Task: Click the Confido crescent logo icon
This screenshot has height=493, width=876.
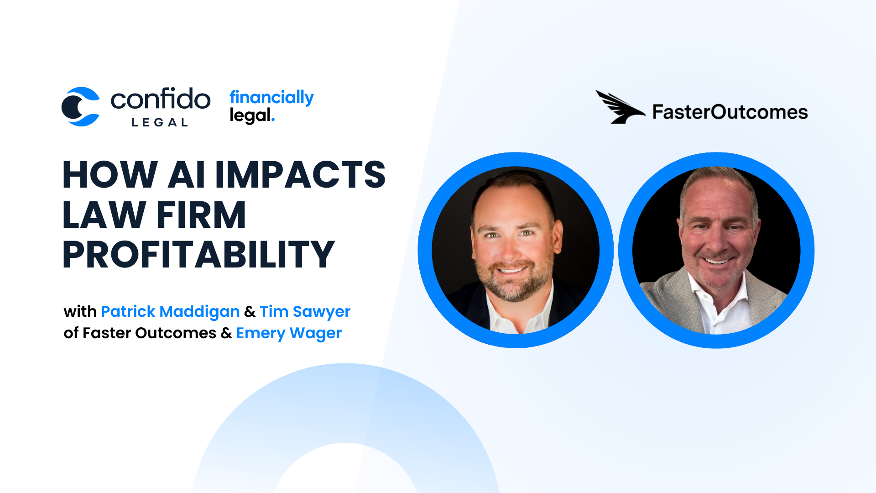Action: tap(81, 107)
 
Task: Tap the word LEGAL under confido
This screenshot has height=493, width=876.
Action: tap(160, 122)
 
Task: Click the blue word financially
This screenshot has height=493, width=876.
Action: tap(271, 98)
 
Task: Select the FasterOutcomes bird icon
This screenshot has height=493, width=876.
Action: tap(620, 107)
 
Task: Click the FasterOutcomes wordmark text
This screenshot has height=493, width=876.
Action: tap(730, 112)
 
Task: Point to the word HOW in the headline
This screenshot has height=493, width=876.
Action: tap(110, 174)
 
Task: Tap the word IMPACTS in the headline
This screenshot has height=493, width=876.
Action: tap(300, 174)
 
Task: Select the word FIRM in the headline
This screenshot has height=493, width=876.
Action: tap(201, 215)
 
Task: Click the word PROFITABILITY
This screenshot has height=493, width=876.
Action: tap(198, 254)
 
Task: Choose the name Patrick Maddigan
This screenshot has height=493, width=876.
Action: tap(170, 311)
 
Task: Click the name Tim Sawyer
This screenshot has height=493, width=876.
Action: tap(305, 311)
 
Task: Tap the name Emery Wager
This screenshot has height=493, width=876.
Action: tap(289, 333)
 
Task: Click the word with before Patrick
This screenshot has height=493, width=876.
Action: tap(80, 311)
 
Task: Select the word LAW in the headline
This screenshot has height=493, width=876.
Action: tap(104, 215)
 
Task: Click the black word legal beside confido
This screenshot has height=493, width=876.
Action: tap(250, 115)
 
